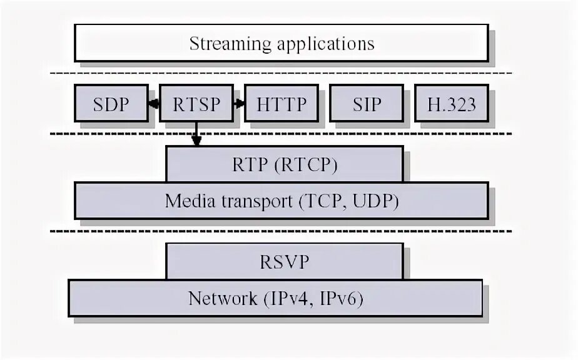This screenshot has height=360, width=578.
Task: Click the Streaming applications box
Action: tap(281, 44)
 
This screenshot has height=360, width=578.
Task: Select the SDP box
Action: tap(111, 104)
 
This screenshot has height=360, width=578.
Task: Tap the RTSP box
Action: tap(196, 104)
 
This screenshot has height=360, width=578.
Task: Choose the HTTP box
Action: tap(281, 104)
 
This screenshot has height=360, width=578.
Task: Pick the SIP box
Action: tap(366, 104)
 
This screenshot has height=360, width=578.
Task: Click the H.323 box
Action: tap(451, 104)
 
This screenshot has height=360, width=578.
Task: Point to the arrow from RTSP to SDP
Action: tap(154, 104)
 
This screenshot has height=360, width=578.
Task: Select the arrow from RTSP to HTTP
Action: tap(238, 104)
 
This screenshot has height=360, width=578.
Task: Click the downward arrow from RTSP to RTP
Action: tap(196, 134)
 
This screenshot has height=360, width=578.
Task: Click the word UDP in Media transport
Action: tap(377, 202)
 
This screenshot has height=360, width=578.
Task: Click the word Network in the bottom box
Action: tap(218, 299)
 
